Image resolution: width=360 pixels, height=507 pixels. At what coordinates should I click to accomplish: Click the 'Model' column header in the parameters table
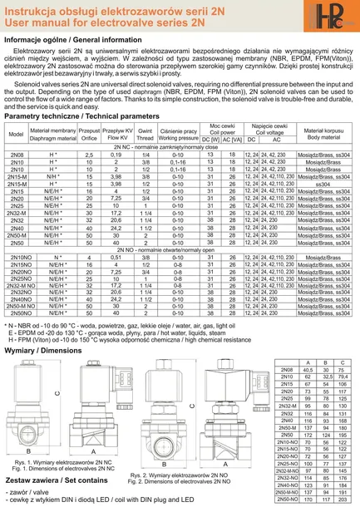(x=16, y=135)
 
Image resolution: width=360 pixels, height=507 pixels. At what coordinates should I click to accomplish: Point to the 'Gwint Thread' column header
(x=145, y=135)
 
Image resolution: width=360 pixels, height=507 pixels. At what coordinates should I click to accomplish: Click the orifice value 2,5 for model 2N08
(x=89, y=155)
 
